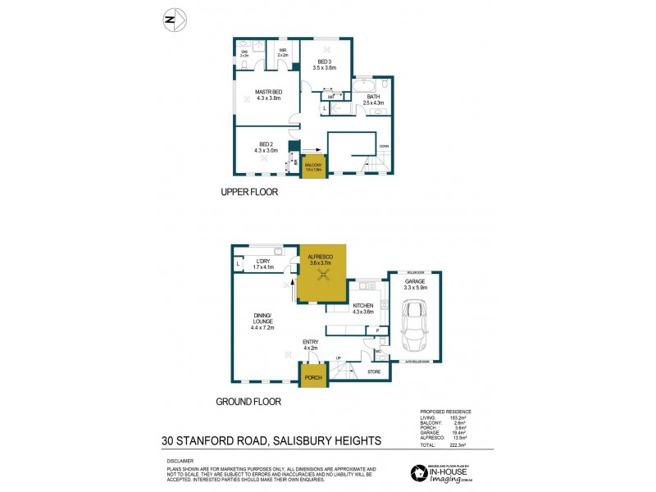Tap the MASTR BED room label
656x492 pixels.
point(268,91)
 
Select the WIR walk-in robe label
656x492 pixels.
point(283,52)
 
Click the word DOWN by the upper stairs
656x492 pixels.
point(384,147)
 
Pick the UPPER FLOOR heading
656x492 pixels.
point(249,192)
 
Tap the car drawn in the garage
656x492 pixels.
point(414,326)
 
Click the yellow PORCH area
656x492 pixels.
point(312,378)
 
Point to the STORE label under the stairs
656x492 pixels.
point(374,372)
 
